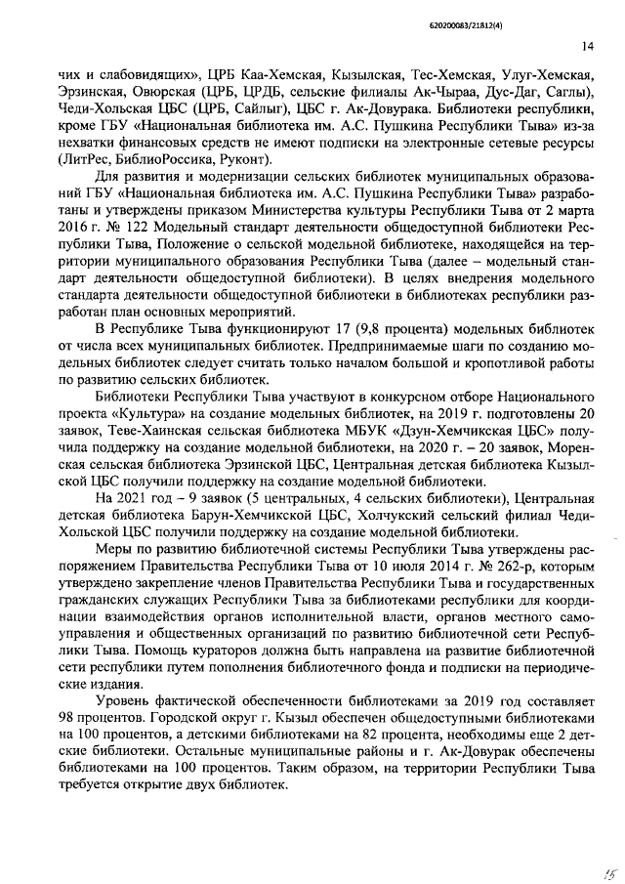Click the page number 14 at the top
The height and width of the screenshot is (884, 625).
(x=587, y=46)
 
